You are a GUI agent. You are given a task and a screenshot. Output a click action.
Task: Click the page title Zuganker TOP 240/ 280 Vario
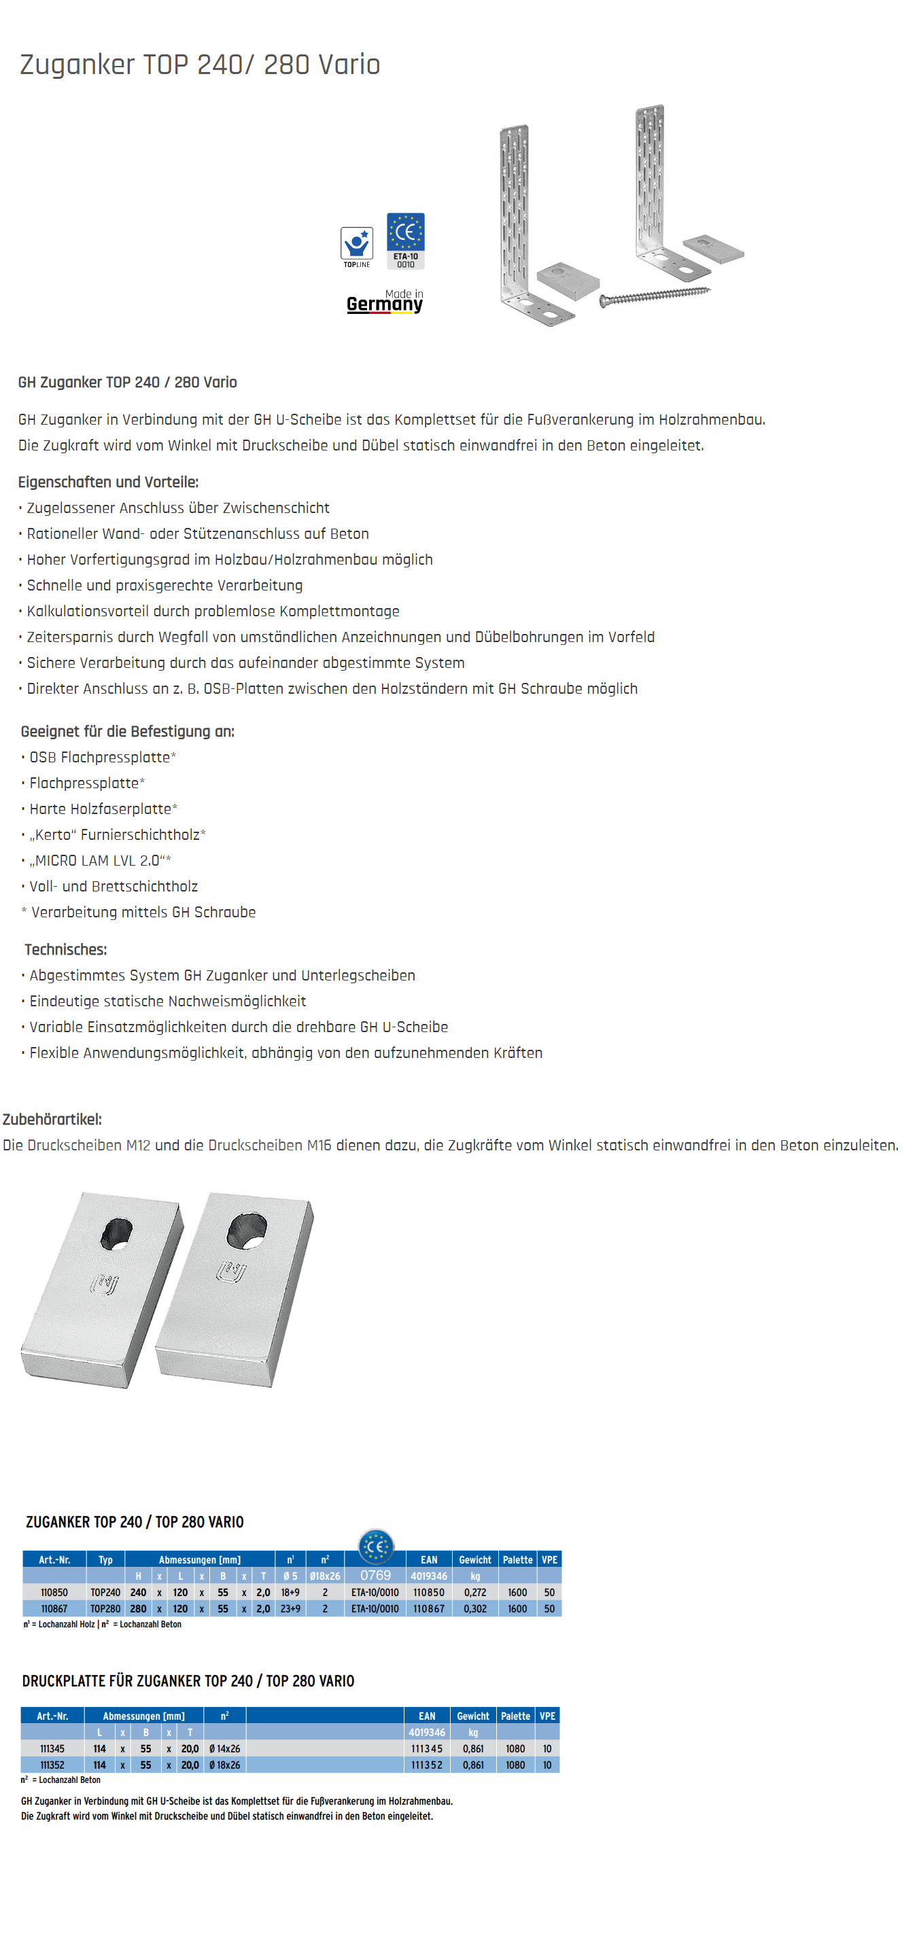[200, 65]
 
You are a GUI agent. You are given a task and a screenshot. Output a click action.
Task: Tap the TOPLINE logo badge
[356, 247]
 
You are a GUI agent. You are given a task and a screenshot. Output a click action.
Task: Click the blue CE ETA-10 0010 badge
[405, 240]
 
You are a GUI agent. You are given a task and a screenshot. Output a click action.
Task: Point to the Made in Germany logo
[385, 301]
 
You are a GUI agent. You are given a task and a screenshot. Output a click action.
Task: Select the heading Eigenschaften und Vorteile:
[108, 482]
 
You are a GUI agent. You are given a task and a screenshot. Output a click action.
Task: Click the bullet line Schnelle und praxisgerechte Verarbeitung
[165, 586]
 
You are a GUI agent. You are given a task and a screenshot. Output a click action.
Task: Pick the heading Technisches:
[66, 949]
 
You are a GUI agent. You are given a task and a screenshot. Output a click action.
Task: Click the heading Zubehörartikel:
[52, 1119]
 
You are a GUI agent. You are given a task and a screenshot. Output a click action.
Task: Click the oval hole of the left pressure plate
[116, 1233]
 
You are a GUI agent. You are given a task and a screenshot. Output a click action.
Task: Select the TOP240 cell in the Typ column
[105, 1592]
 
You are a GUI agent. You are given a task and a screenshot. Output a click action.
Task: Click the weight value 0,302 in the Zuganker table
[474, 1609]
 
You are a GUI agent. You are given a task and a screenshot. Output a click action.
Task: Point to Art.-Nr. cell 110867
[54, 1609]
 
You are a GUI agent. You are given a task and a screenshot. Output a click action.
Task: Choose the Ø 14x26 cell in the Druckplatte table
[225, 1748]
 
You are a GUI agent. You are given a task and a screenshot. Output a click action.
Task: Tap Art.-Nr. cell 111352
[52, 1765]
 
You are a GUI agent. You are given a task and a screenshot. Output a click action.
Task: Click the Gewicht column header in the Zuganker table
[474, 1560]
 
